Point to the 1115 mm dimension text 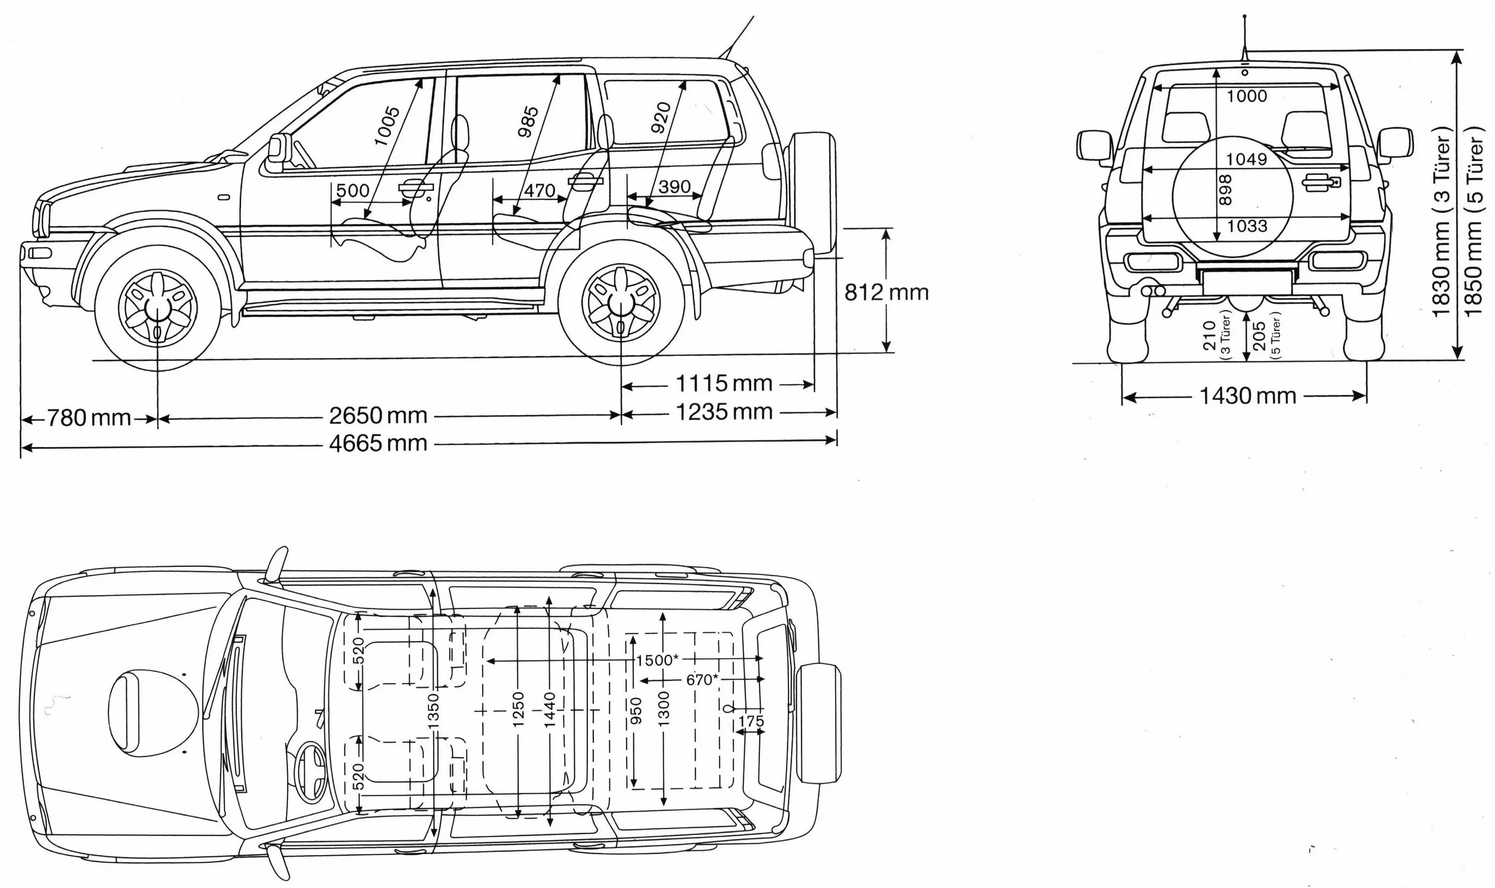pos(724,383)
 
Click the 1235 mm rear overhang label pos(724,412)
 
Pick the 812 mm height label pos(886,292)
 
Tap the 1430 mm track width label pos(1247,395)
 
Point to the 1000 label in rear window pos(1246,96)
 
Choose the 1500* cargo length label pos(657,660)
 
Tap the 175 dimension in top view pos(750,721)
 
